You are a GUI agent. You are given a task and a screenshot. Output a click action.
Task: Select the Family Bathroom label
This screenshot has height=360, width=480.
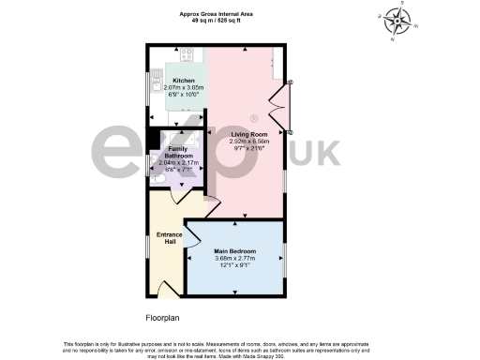point(177,152)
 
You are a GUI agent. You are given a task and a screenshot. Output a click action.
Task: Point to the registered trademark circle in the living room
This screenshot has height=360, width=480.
point(253,118)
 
